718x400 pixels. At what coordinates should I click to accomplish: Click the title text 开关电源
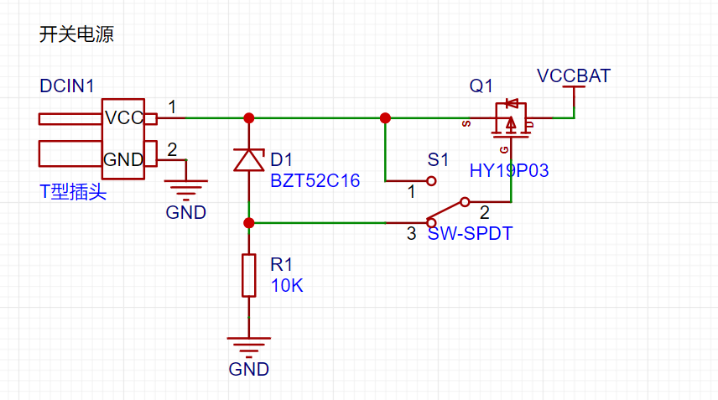[76, 34]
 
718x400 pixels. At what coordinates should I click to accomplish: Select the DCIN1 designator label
[67, 86]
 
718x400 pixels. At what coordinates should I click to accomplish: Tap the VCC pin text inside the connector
[124, 118]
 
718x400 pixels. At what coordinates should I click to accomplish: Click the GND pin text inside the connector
[123, 159]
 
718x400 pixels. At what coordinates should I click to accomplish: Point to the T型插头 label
[73, 191]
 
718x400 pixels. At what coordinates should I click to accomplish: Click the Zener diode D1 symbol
[248, 159]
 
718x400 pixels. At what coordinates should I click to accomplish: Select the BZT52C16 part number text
[315, 181]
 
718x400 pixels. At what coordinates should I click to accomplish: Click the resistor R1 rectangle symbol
[248, 276]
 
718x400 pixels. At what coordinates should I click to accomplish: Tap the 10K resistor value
[287, 286]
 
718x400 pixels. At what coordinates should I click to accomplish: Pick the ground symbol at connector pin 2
[186, 190]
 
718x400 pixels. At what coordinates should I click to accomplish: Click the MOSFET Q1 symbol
[511, 120]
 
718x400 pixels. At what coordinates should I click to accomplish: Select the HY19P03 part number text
[509, 171]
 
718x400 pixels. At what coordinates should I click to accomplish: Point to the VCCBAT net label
[574, 76]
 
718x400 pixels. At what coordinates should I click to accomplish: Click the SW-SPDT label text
[470, 233]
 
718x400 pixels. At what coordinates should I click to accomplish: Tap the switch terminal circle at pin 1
[431, 181]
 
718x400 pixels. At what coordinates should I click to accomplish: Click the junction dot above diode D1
[248, 118]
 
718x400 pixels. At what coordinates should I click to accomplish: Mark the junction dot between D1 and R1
[248, 223]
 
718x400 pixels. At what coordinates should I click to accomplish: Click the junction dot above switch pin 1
[385, 118]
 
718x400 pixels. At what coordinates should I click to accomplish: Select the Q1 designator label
[481, 86]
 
